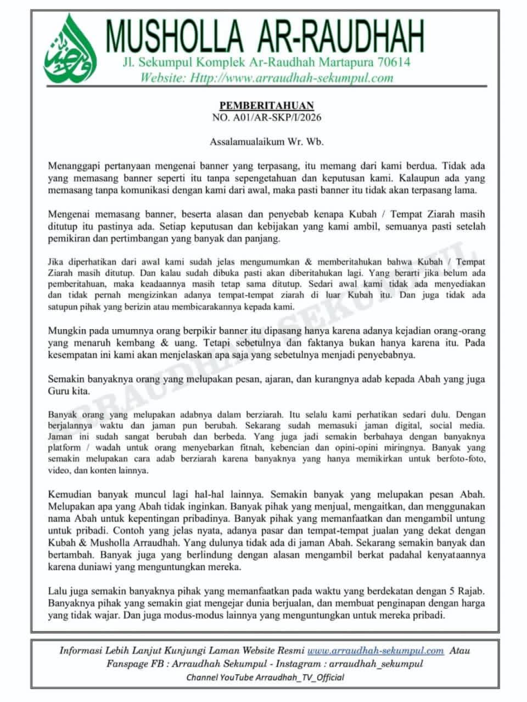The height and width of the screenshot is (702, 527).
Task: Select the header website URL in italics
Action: coord(267,77)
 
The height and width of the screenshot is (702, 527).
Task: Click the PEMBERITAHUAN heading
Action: coord(266,105)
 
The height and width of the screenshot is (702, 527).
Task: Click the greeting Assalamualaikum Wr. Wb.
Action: coord(266,141)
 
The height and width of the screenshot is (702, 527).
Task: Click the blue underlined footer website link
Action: coord(375,651)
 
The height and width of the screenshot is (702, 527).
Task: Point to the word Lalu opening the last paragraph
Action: coord(58,591)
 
